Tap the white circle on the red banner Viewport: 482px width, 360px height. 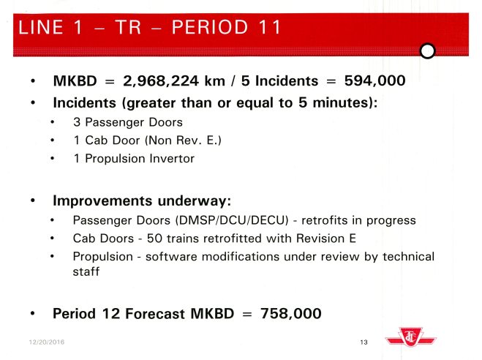tap(429, 50)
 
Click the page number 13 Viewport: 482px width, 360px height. tap(364, 342)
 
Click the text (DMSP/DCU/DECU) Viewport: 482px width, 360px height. tap(225, 220)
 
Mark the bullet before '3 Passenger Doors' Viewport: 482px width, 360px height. tap(54, 121)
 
